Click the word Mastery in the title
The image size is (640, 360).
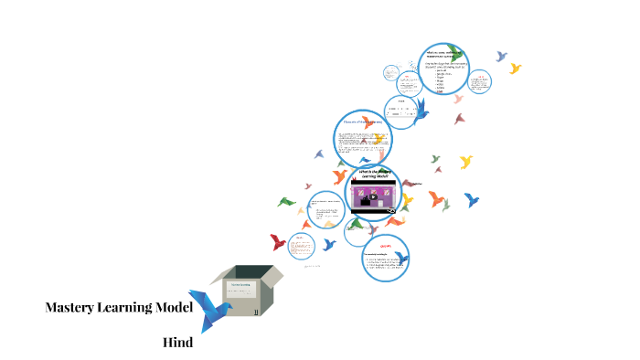(71, 308)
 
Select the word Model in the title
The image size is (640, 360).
(174, 308)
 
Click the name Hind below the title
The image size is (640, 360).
(177, 343)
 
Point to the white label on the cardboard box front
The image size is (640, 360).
(240, 291)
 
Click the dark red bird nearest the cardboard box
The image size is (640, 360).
(278, 242)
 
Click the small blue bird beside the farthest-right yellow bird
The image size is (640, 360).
(501, 57)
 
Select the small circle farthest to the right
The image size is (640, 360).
(478, 83)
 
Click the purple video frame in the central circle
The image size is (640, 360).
(374, 196)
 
